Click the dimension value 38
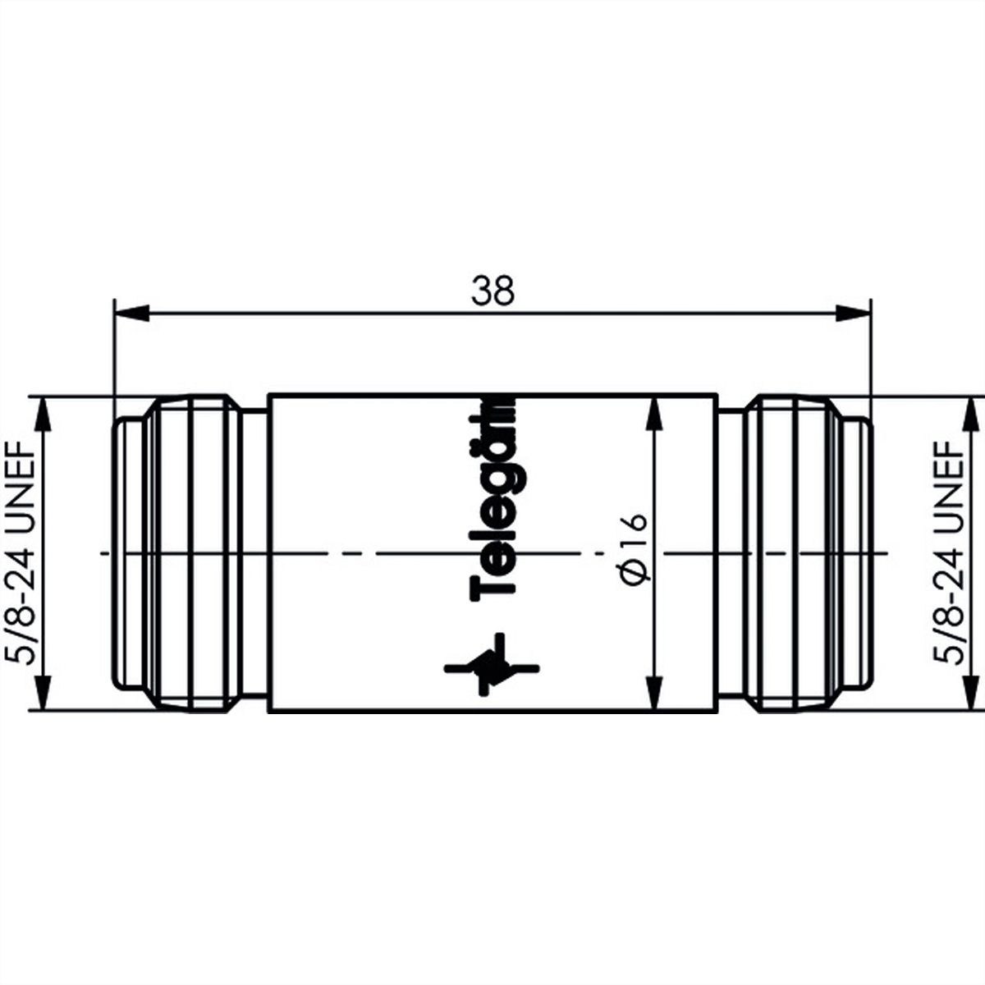492,291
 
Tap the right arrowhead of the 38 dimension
853,313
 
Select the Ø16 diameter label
635,547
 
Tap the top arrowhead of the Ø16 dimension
654,414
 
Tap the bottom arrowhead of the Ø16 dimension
654,692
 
